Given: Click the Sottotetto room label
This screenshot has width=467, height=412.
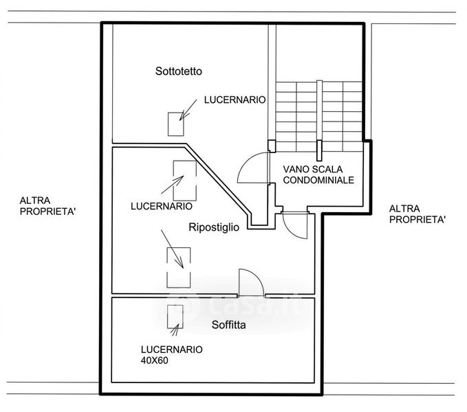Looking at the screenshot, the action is tap(179, 71).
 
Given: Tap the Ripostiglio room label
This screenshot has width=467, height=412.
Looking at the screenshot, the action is tap(214, 227).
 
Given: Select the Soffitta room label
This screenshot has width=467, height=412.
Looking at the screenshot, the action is tap(229, 325).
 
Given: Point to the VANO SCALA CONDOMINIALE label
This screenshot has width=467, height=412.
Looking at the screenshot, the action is tap(318, 174).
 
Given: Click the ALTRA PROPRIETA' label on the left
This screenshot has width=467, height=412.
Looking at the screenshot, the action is tap(47, 206).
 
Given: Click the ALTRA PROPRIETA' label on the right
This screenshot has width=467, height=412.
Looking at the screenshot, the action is tap(417, 214).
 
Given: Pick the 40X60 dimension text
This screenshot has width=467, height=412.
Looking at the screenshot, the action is tap(154, 360).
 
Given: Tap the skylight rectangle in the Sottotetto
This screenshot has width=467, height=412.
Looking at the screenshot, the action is tap(175, 124).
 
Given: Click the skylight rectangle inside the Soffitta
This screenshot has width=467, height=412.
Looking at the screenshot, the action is tap(175, 317).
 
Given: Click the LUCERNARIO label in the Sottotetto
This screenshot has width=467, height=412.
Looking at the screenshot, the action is tap(235, 100).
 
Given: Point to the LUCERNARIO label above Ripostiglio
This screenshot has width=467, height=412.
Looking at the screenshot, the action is tap(162, 206).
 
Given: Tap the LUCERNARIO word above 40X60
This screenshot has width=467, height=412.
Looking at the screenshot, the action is tap(171, 350).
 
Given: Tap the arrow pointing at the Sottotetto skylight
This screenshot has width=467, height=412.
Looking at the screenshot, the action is tap(188, 110).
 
